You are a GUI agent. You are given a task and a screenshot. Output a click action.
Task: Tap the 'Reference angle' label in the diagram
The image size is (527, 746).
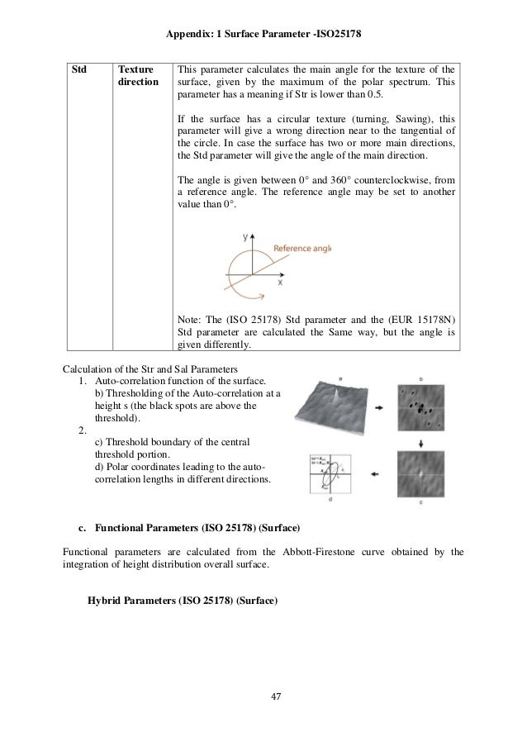(301, 247)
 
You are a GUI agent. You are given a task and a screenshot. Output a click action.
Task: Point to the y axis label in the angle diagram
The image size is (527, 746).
(245, 237)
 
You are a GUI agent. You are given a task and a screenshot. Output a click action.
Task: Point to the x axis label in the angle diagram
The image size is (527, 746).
(280, 282)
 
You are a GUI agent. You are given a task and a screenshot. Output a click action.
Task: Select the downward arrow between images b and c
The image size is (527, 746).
(421, 442)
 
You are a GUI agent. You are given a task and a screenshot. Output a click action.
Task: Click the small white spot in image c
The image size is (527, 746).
(421, 473)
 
